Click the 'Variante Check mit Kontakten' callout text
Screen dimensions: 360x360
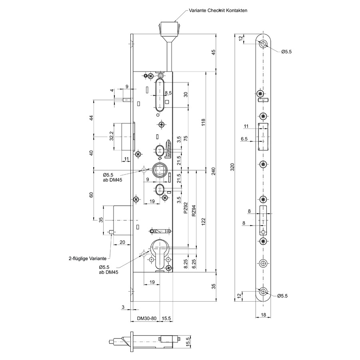coord(218,10)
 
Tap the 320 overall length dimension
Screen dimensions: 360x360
coord(232,167)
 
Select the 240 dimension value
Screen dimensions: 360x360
coord(213,171)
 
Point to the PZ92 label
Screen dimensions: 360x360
coord(186,208)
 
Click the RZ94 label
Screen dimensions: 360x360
coord(194,210)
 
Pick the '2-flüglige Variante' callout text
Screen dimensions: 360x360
coord(88,258)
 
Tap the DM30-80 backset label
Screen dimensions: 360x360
coord(147,318)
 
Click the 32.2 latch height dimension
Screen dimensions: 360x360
coord(112,136)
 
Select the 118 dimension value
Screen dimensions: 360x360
coord(203,122)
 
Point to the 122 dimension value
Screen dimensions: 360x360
coord(203,222)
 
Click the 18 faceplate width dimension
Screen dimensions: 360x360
coord(263,315)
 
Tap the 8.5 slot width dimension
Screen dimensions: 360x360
coord(168,93)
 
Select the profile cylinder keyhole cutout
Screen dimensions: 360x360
coord(160,254)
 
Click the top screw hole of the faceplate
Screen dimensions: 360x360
coord(263,44)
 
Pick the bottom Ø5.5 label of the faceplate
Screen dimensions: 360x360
coord(282,296)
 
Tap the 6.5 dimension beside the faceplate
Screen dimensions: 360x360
coord(244,139)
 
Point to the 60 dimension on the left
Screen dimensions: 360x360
coord(91,195)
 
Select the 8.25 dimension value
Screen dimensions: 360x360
coord(186,264)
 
